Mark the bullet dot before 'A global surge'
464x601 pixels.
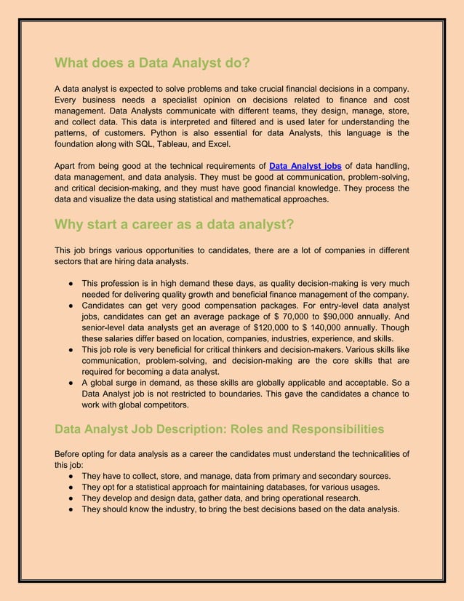(66, 383)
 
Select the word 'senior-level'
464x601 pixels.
(106, 327)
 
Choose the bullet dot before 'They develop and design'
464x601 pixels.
(66, 498)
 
